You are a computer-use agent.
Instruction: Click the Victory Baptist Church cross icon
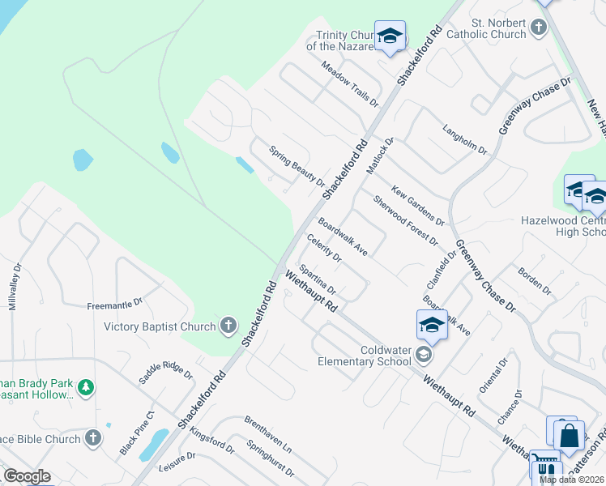(x=228, y=326)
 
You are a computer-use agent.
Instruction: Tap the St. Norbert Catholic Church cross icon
(x=539, y=29)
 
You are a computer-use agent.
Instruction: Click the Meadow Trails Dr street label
(x=349, y=84)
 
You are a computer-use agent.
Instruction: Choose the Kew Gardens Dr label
(x=418, y=205)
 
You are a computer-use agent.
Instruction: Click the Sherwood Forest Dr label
(x=405, y=220)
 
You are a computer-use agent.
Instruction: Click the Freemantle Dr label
(x=115, y=305)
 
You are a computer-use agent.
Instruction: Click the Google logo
(x=27, y=476)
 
